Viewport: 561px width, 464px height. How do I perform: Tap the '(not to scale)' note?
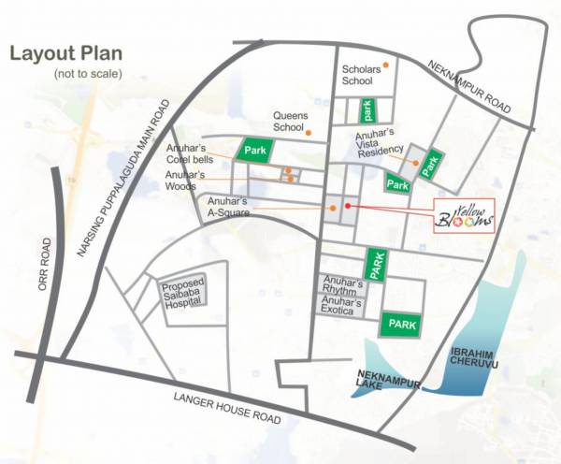[x=85, y=73]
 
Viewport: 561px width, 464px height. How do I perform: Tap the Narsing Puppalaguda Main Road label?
[x=130, y=181]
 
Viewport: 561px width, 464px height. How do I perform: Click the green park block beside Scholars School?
[x=368, y=110]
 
